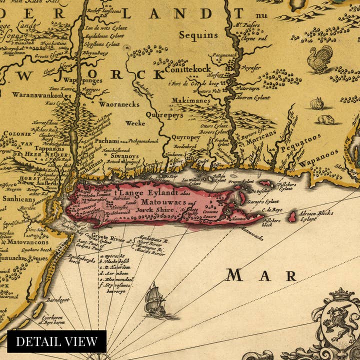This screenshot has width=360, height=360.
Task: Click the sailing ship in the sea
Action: tap(154, 299)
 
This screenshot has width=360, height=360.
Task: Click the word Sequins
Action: tap(198, 35)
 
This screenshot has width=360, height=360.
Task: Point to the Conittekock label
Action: tap(192, 64)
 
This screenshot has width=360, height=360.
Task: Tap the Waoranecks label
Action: tap(118, 105)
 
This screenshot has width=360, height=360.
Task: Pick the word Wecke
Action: tap(135, 123)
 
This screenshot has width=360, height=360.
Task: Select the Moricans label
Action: tap(260, 141)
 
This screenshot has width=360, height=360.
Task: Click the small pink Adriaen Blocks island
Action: tap(292, 217)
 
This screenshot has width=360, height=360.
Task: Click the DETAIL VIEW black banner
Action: tap(56, 341)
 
